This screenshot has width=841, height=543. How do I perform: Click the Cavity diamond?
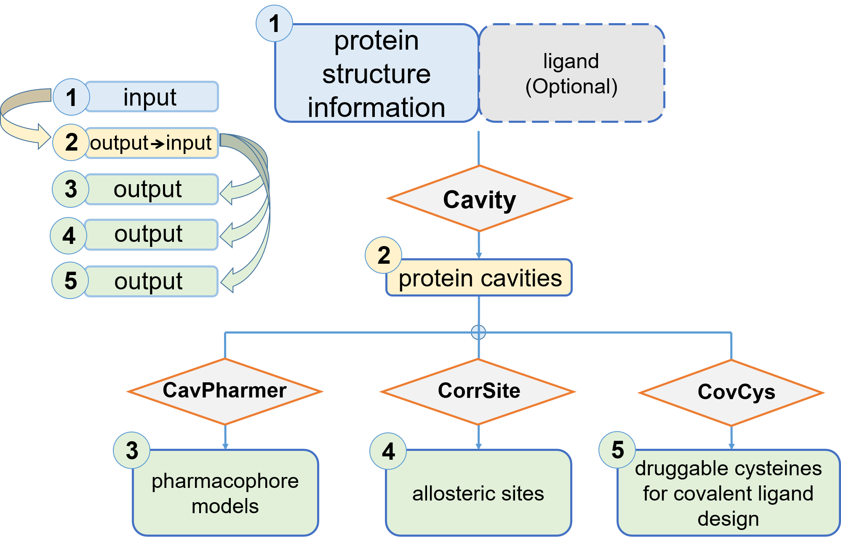(479, 199)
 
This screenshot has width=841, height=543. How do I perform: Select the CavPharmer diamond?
(225, 391)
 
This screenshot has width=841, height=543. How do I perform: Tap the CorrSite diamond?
(478, 392)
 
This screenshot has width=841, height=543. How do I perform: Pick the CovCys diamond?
(732, 393)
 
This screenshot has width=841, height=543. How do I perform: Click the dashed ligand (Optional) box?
(571, 73)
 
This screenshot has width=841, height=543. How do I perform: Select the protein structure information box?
(376, 73)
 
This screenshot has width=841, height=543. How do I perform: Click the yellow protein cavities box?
(479, 278)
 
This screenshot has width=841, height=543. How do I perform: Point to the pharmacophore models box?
(225, 493)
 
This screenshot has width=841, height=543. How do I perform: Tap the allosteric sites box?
(478, 493)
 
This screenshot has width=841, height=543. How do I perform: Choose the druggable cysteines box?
(729, 493)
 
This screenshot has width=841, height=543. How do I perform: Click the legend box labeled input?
(152, 97)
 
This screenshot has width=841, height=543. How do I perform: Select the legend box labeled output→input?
(152, 143)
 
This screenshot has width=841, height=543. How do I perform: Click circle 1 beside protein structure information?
(275, 24)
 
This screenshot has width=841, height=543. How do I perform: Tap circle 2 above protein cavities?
(384, 255)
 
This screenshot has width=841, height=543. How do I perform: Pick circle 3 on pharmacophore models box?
(132, 450)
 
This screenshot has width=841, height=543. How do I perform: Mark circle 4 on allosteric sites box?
(388, 451)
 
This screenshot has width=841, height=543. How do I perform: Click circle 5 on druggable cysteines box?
(617, 450)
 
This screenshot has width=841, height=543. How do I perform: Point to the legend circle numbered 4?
(69, 236)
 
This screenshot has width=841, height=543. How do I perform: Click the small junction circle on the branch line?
(478, 332)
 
